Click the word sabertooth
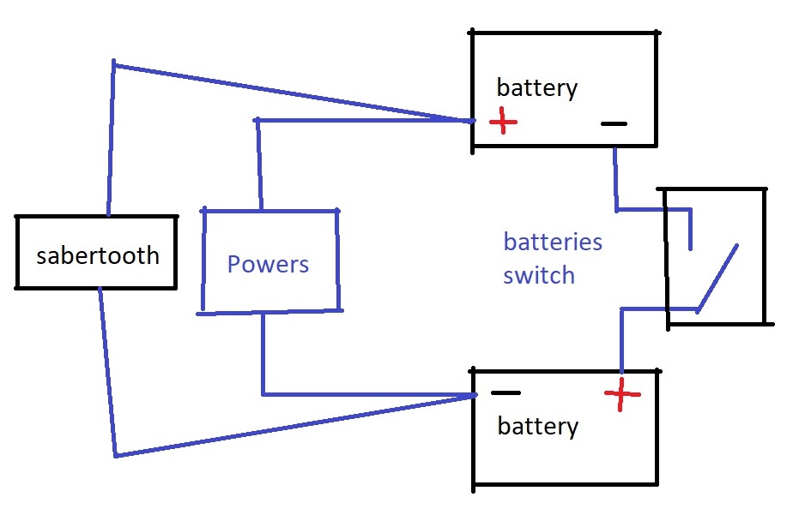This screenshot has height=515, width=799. coord(97,255)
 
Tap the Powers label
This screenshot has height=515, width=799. coord(268,263)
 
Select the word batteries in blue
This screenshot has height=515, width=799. coord(553,242)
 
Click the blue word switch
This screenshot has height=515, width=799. coord(539,276)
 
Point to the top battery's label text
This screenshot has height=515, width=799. coord(537,87)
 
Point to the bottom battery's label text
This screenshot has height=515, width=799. coord(537,426)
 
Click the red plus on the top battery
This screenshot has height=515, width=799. coord(503,123)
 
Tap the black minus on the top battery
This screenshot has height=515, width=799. coord(614,123)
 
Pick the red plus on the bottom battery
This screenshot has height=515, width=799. coord(622,395)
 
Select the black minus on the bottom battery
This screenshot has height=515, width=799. coord(505,393)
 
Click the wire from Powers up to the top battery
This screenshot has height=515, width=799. coord(360,121)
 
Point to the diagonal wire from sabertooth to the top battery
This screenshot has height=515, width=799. coord(292,92)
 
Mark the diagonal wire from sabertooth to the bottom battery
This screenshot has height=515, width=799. coord(292,425)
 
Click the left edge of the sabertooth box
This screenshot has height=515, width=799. coord(17,253)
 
